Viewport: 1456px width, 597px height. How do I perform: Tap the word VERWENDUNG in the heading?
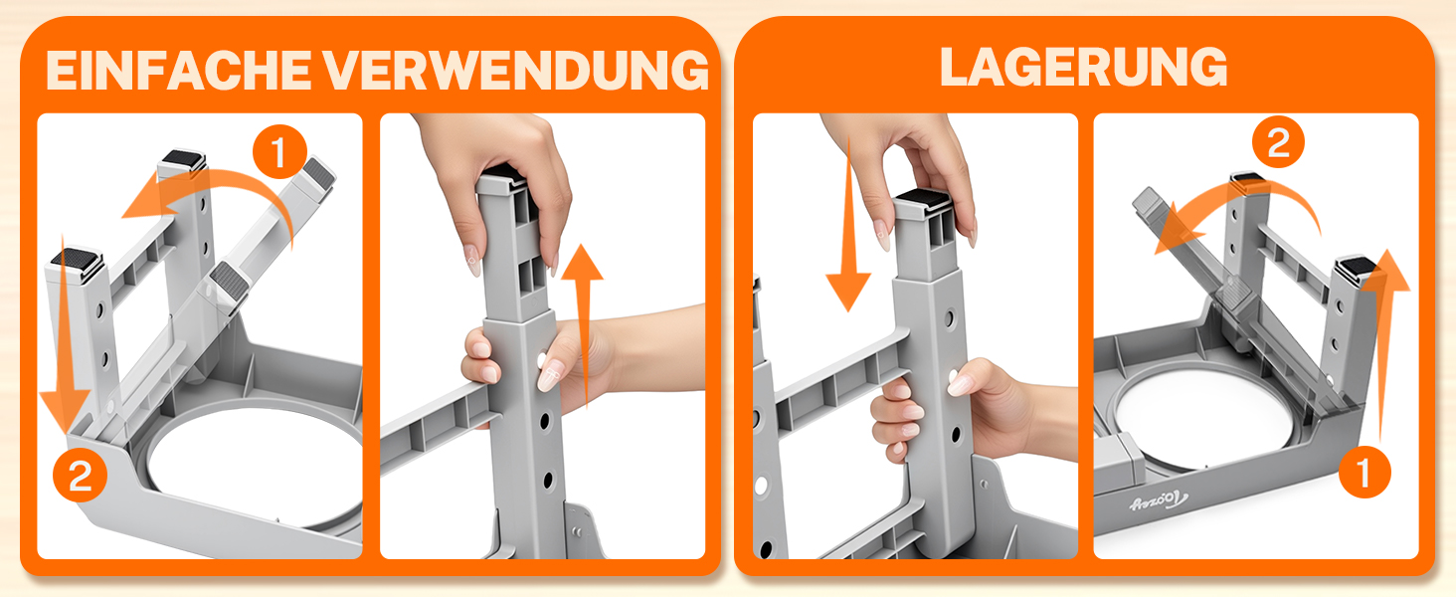pyautogui.click(x=516, y=71)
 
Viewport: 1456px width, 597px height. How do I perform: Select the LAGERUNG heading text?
pyautogui.click(x=1084, y=67)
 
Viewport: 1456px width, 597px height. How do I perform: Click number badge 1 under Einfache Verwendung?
pyautogui.click(x=279, y=152)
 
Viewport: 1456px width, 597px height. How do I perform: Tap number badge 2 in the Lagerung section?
pyautogui.click(x=1278, y=141)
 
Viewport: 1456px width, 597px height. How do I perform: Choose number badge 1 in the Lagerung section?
pyautogui.click(x=1365, y=472)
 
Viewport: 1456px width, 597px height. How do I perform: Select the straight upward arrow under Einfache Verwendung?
pyautogui.click(x=583, y=325)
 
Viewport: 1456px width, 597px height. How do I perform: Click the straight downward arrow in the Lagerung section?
pyautogui.click(x=848, y=228)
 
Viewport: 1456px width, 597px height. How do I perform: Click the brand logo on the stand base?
pyautogui.click(x=1159, y=500)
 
